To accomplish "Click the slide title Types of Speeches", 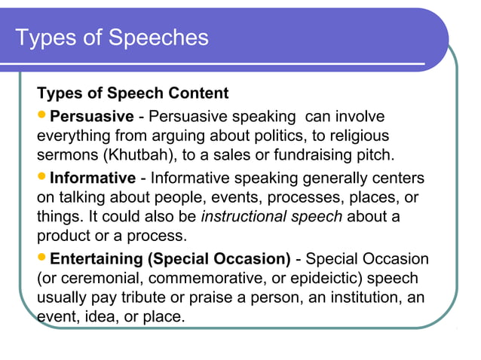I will coord(112,37).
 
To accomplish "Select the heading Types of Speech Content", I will coord(133,94).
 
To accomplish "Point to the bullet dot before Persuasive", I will coord(42,117).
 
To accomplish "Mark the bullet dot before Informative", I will coord(42,178).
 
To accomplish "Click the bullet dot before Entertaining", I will coord(42,259).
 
